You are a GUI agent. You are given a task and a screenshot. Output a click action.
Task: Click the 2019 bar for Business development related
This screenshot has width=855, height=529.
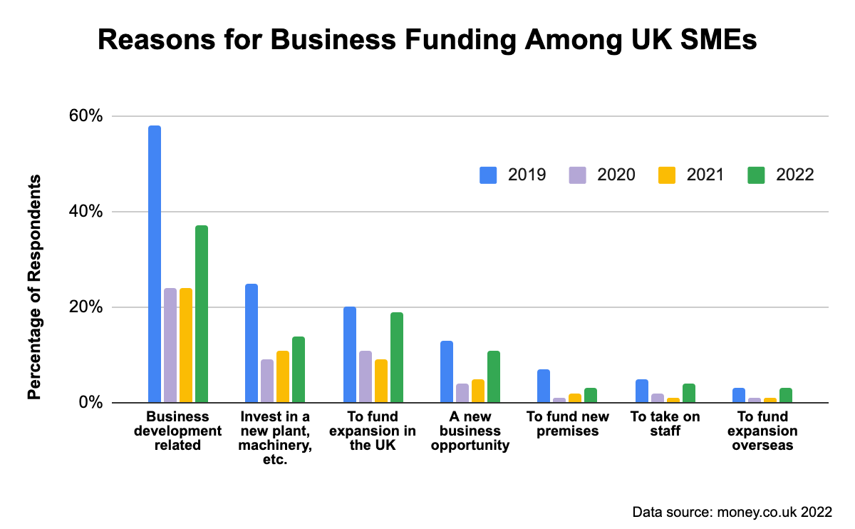coord(155,264)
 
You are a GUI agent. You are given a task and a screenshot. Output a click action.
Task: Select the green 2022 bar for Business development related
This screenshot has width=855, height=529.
coord(202,314)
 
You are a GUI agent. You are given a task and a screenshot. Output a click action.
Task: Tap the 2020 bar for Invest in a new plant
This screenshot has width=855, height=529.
coord(267,381)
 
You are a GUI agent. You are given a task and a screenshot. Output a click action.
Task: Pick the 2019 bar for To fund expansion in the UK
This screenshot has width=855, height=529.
coord(350,354)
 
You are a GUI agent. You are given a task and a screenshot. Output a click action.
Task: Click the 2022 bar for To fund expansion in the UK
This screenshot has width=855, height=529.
coord(397,357)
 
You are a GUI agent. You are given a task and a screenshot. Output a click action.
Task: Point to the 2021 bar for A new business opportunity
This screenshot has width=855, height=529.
coord(478,391)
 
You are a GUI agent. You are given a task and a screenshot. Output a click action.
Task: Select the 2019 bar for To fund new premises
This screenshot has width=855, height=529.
coord(544,386)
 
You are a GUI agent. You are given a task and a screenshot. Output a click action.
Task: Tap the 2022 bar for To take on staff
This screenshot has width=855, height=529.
coord(689,393)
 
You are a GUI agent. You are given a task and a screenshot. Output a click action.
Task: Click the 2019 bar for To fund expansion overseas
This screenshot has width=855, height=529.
coord(739,395)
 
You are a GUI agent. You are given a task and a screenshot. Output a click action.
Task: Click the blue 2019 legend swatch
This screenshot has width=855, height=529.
coord(488,175)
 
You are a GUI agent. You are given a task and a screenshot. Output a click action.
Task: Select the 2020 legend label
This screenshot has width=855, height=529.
coord(616,175)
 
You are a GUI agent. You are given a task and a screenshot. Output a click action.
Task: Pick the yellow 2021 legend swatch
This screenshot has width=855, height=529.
coord(666,175)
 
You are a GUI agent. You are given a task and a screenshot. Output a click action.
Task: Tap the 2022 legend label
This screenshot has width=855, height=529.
coord(794,175)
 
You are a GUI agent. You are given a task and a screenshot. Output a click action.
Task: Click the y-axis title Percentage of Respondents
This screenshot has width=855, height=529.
coord(34,287)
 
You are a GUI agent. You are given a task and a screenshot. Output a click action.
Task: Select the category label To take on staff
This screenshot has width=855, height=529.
coord(665,423)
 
